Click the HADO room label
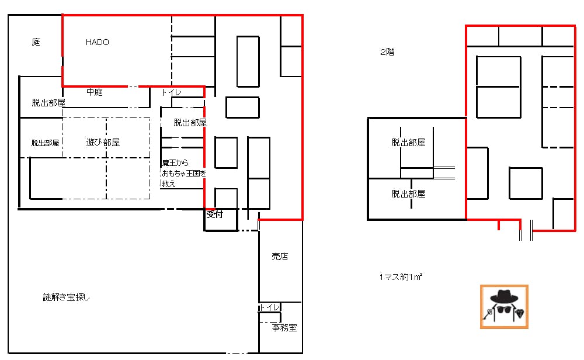point(97,42)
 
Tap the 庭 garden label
point(36,41)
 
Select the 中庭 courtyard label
point(94,92)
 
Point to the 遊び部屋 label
point(103,142)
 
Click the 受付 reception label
point(214,214)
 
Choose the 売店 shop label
point(280,257)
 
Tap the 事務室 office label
point(284,328)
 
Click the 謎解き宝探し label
point(67,297)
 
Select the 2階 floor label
point(387,52)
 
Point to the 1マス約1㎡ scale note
point(401,277)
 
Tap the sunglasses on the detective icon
point(504,309)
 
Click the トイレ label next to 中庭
point(171,92)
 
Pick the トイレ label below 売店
point(269,307)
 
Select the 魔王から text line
point(175,163)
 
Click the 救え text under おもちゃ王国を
point(169,184)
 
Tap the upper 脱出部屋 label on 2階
point(408,143)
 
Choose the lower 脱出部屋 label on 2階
point(408,194)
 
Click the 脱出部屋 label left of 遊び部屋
point(45,143)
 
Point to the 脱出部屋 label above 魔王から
point(190,122)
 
